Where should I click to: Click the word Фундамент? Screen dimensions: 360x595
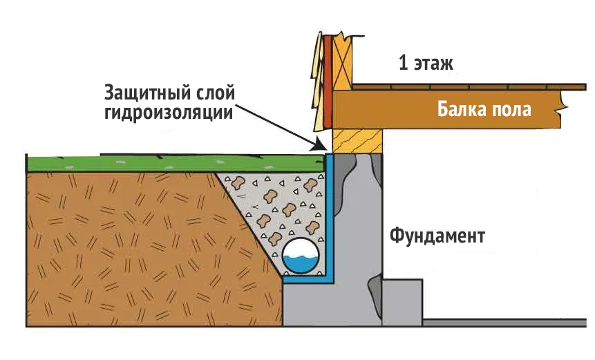tap(437, 236)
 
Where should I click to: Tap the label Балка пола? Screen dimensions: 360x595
tap(484, 109)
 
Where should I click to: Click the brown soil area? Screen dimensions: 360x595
tap(124, 242)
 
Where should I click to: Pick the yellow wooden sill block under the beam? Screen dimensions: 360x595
tap(357, 142)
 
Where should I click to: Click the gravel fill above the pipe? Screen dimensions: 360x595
tap(276, 200)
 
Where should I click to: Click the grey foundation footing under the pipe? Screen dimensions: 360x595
tap(318, 304)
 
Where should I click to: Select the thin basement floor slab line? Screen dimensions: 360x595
tap(504, 321)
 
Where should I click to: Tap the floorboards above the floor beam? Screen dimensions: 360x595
tap(470, 87)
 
